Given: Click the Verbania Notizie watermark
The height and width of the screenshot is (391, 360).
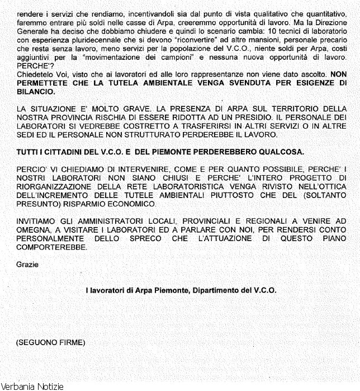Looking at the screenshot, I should coord(32,386).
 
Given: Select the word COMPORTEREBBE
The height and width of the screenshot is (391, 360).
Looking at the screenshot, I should coord(52,247).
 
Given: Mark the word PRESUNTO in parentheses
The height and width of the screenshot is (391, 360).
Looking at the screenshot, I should coord(39,204).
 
